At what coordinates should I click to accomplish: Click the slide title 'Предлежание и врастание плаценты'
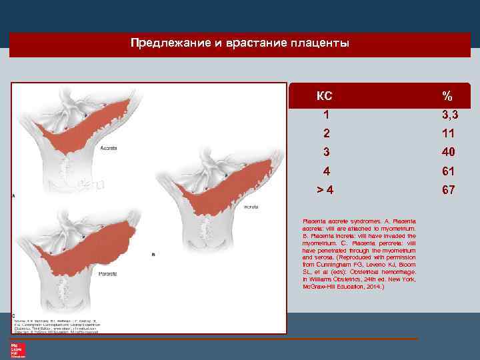click(x=239, y=44)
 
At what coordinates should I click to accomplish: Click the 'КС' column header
click(x=324, y=95)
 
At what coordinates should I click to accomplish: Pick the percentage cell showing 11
click(x=447, y=133)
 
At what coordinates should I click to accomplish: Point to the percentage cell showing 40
click(x=447, y=152)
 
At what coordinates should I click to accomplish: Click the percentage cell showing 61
click(x=447, y=171)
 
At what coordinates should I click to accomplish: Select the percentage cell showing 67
click(x=447, y=190)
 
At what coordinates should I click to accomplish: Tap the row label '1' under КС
click(x=325, y=115)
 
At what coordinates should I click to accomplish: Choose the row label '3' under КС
click(x=325, y=152)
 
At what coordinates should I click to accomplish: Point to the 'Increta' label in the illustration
click(x=251, y=207)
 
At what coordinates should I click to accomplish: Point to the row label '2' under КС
click(x=325, y=133)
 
